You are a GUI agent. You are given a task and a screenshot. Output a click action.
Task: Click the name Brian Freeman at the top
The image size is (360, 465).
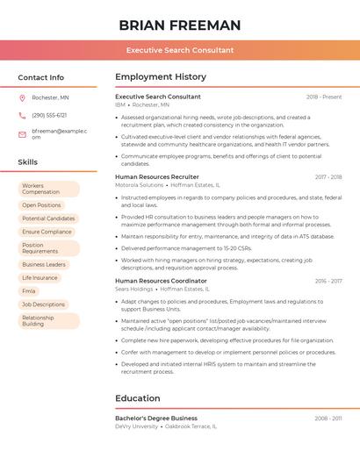(x=179, y=25)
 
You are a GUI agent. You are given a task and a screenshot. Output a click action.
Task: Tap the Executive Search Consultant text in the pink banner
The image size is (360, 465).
(x=179, y=50)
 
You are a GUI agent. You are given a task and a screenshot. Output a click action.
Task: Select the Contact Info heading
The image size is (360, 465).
(x=41, y=77)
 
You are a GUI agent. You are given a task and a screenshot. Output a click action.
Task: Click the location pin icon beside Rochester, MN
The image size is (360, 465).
(x=22, y=98)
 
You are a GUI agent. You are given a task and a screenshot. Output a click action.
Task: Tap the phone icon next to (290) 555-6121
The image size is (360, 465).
(x=22, y=115)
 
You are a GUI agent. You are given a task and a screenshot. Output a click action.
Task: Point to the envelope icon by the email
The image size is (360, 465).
(x=22, y=134)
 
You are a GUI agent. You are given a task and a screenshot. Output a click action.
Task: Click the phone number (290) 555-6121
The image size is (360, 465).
(x=49, y=115)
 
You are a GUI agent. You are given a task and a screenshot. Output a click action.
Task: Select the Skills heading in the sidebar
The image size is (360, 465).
(x=28, y=162)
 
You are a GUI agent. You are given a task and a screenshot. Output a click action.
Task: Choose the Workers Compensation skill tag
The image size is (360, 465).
(x=47, y=189)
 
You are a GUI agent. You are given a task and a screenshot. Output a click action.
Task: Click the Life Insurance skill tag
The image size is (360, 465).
(x=40, y=277)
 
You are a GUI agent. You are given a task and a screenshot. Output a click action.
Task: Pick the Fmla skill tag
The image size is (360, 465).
(x=29, y=291)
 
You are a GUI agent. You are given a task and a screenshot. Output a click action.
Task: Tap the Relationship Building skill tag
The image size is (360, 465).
(x=47, y=321)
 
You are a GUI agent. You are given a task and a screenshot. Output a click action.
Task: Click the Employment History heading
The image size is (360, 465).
(x=161, y=77)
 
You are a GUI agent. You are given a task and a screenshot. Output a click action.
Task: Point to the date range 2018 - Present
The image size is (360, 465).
(x=324, y=97)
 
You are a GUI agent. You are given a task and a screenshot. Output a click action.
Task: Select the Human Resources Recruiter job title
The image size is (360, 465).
(x=157, y=176)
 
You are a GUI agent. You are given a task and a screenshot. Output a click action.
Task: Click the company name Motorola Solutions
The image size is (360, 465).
(x=139, y=185)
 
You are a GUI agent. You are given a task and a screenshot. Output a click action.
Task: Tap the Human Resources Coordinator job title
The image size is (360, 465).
(x=161, y=281)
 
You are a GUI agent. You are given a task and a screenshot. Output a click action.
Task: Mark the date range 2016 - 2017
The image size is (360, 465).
(x=328, y=281)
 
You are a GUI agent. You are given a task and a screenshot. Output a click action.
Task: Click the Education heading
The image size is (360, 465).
(x=138, y=398)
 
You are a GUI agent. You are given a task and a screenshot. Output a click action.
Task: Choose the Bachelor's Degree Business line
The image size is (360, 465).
(x=156, y=418)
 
